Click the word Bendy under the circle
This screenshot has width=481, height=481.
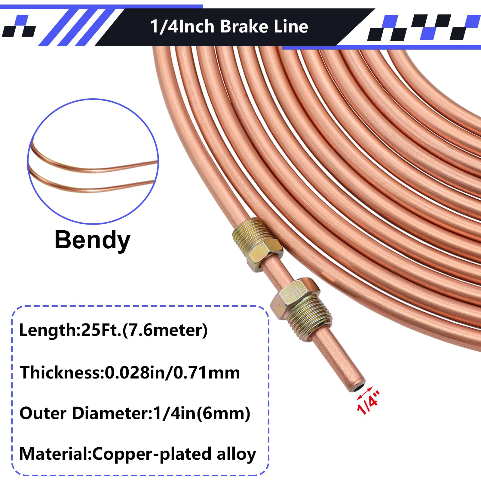pyautogui.click(x=92, y=240)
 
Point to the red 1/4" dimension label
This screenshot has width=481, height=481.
pyautogui.click(x=369, y=403)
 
